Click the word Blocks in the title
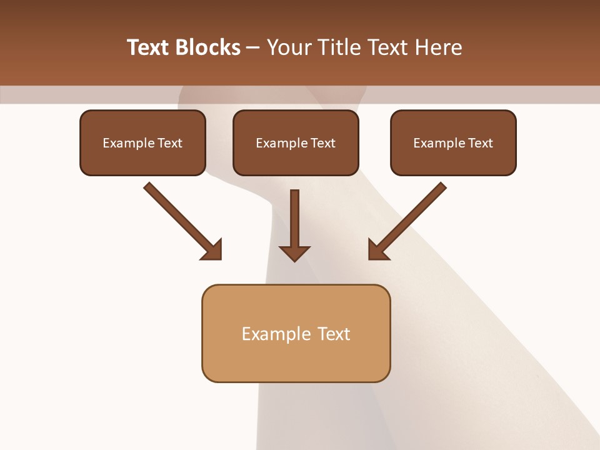click(207, 47)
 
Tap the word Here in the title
click(437, 47)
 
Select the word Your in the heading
click(288, 47)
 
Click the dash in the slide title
click(253, 48)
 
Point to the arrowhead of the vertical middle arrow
click(294, 252)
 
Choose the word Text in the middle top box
click(322, 143)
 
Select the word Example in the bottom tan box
click(276, 334)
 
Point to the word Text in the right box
click(480, 143)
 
